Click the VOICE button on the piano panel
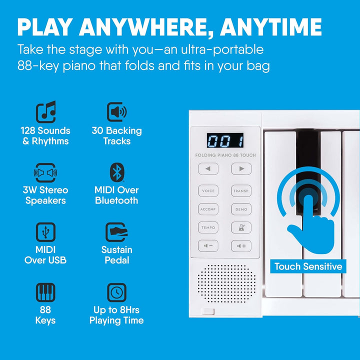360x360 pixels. pos(208,191)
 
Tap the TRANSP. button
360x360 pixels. pos(241,191)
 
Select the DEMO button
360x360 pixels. pos(241,209)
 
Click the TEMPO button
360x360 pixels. pos(208,227)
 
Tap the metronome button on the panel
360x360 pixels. pos(241,227)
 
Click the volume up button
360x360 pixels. pos(241,246)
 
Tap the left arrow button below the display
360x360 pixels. pos(208,169)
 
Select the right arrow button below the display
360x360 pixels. pos(241,169)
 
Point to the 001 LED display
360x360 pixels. pos(224,140)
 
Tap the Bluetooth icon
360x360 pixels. pos(116,172)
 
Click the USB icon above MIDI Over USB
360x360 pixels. pos(45,232)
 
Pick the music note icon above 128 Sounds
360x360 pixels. pos(45,112)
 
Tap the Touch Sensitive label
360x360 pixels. pos(308,266)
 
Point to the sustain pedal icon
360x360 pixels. pos(116,232)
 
